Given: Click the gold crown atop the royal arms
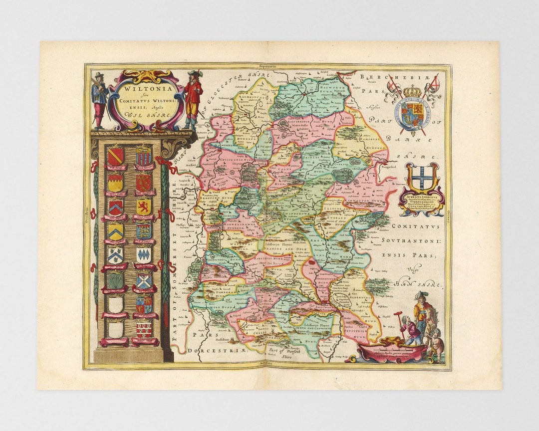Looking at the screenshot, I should (412, 91).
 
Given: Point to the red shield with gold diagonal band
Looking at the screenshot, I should (115, 156).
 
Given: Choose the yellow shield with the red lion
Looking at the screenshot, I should (144, 206).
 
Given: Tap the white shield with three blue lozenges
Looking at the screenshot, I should (144, 255).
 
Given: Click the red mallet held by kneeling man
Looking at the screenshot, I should (398, 315).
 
